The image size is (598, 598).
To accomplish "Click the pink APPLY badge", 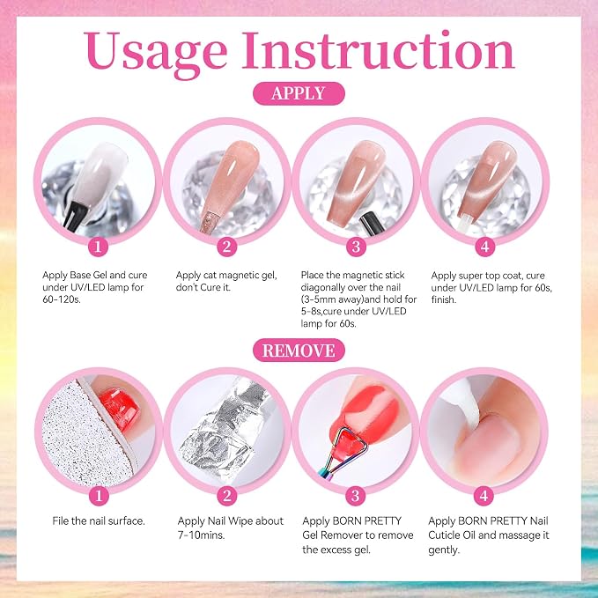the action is point(299,93).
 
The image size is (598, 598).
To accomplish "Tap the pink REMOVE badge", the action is point(299,351).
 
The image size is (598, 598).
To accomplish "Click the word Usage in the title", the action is point(156,52).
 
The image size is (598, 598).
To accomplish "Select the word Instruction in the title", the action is point(379,50).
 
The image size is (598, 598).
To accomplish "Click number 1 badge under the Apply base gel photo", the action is point(98,247).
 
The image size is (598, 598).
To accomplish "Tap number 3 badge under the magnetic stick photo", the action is point(356,247).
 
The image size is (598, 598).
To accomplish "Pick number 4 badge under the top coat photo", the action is point(484,247).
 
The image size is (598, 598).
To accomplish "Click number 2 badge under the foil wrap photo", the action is point(227,496).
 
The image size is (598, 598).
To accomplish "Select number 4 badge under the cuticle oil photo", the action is point(484,496).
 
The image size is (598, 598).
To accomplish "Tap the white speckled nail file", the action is point(85,435).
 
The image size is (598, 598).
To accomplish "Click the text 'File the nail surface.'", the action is point(99,521).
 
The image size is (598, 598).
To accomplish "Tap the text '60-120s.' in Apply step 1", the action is point(62,299).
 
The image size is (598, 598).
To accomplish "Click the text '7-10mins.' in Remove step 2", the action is point(201,535).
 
